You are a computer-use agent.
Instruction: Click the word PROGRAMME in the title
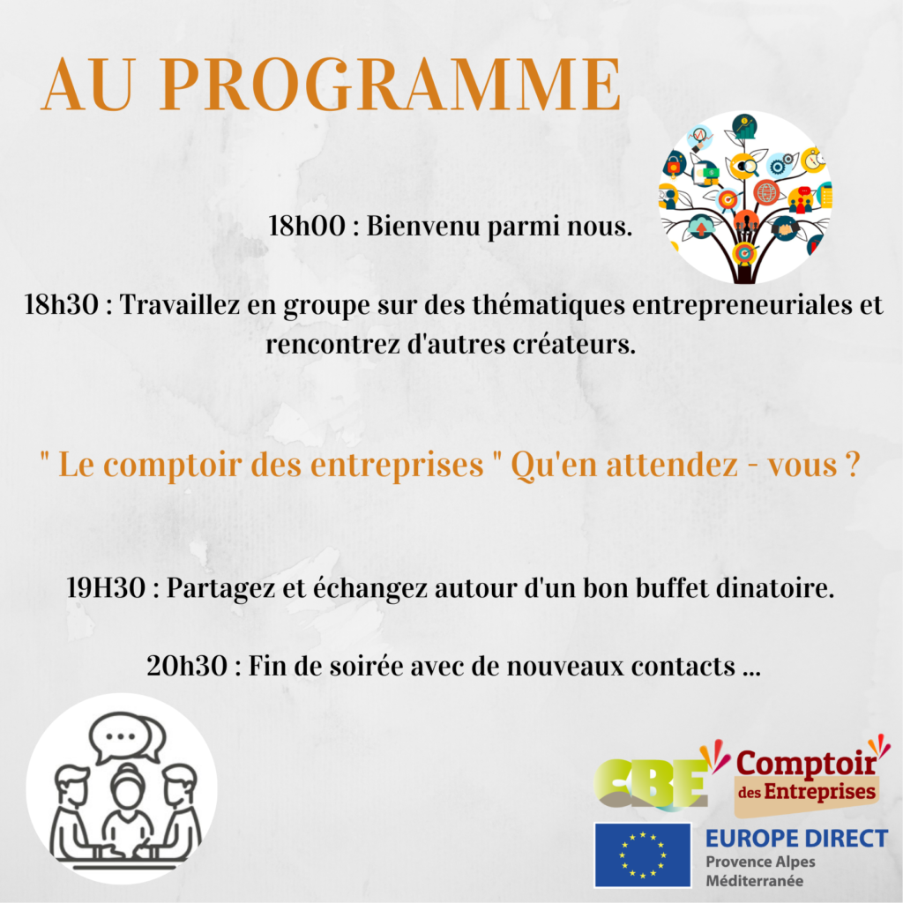391,85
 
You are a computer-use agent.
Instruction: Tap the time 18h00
307,226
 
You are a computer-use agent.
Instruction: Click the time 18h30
62,304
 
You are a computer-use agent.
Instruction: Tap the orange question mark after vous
854,464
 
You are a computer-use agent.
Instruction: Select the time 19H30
106,588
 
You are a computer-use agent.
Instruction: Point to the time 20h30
187,667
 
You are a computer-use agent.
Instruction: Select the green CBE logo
652,783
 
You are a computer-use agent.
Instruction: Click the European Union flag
642,854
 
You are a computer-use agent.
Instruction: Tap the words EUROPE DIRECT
796,839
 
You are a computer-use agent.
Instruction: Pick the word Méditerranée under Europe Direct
755,881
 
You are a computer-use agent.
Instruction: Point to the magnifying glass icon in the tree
747,167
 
